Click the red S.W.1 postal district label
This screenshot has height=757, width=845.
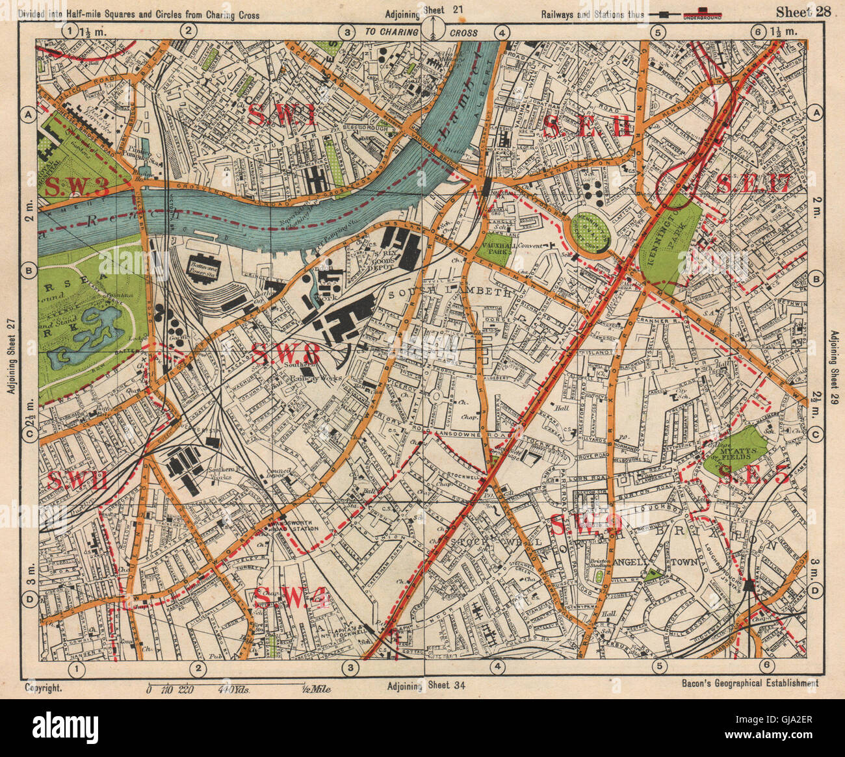pos(281,114)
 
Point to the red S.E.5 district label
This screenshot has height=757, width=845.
pos(758,477)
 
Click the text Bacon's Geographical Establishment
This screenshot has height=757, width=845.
pos(750,683)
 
